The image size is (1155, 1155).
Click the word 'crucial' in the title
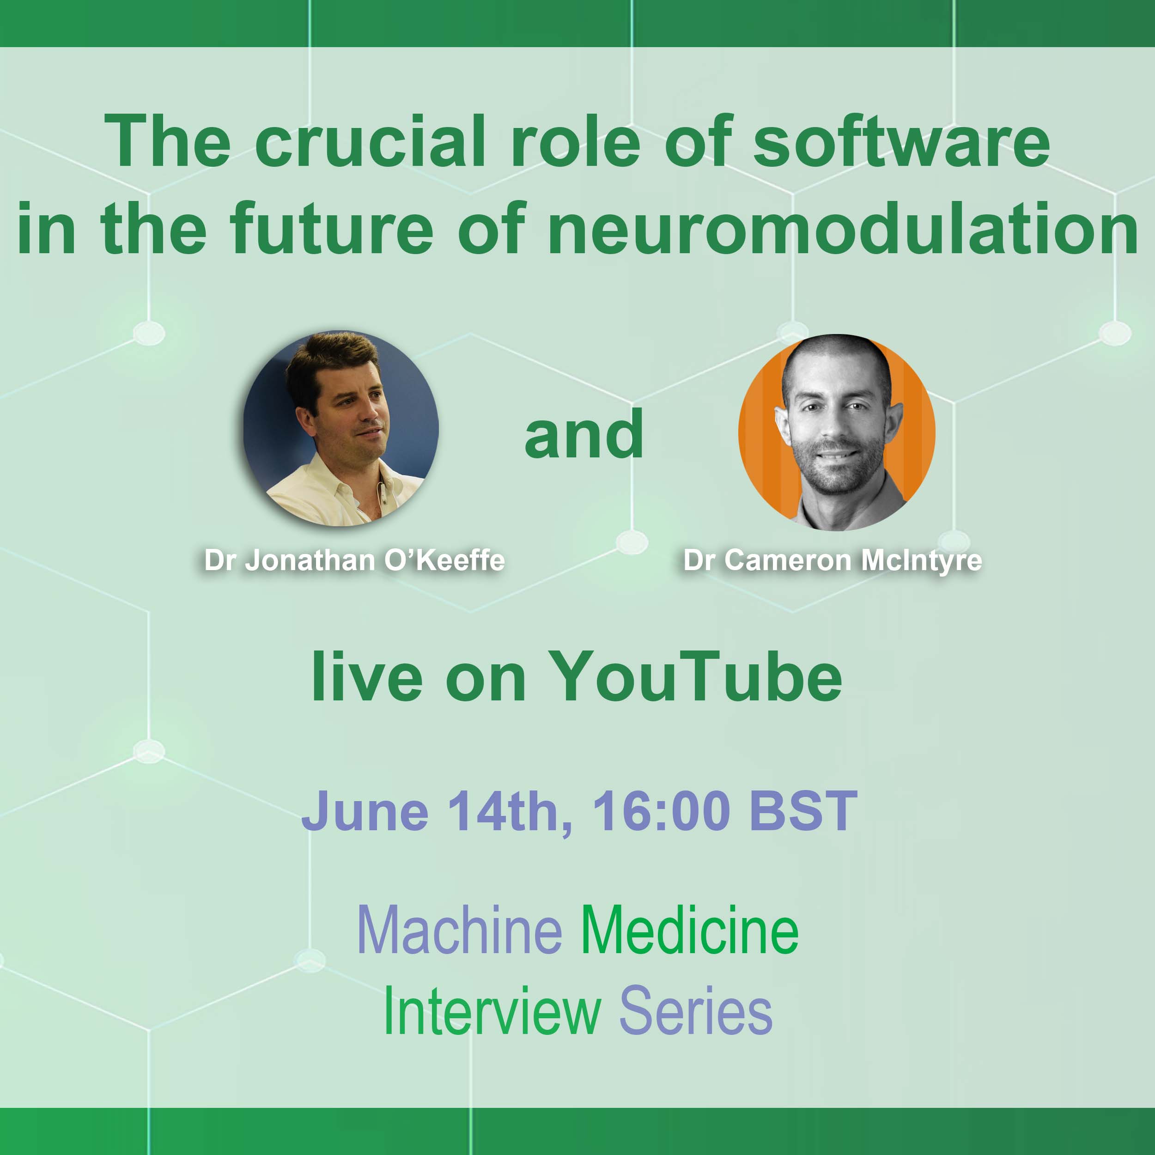pos(370,142)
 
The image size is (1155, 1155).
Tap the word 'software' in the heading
pos(901,142)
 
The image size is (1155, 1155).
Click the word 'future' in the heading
pos(331,229)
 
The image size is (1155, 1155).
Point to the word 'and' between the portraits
pos(584,435)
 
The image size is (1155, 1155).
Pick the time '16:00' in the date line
pos(662,811)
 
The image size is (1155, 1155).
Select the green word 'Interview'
pos(492,1011)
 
